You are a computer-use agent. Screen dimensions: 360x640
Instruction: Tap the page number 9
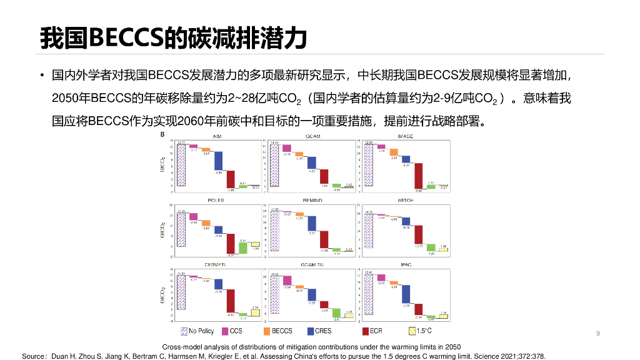598,333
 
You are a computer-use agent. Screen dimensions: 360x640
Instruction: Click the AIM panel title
217,136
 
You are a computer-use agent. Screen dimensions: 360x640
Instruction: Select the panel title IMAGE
405,136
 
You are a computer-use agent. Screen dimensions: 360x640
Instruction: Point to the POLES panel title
216,200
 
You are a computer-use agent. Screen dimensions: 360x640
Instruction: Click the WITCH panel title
405,200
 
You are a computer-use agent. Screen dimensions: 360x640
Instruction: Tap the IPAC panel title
405,264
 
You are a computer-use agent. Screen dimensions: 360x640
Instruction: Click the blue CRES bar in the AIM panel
219,162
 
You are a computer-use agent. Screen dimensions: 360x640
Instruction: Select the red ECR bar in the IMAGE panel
418,176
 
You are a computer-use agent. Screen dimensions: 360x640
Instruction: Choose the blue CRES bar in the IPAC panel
406,299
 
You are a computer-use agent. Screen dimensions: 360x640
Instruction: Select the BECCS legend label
282,331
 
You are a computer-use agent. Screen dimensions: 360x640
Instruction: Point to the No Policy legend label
201,331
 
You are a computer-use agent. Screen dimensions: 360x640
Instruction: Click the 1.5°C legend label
424,331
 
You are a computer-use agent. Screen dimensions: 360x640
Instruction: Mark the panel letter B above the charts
162,134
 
